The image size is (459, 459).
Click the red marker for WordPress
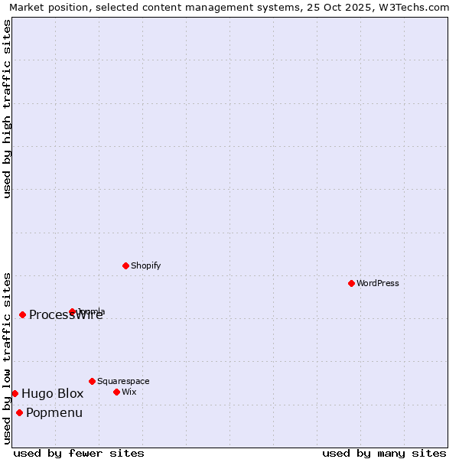click(351, 283)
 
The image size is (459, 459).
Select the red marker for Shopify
click(125, 265)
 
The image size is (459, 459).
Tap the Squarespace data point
click(92, 381)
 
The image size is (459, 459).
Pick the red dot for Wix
click(116, 392)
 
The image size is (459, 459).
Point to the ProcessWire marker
click(22, 314)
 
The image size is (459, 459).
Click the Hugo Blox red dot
click(15, 393)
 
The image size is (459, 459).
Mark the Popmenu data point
click(19, 412)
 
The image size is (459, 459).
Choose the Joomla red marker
click(72, 311)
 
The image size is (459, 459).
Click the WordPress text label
click(378, 283)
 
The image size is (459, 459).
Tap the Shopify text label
click(145, 265)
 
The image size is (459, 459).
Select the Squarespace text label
click(123, 381)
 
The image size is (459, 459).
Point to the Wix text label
click(129, 392)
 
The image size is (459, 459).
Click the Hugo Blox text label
click(52, 393)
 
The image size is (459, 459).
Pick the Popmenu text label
click(54, 413)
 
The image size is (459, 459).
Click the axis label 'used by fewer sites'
click(79, 453)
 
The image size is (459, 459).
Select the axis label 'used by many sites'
click(384, 453)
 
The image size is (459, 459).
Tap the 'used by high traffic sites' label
click(7, 109)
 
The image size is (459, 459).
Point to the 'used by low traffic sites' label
click(7, 358)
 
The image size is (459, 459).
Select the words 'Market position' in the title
click(46, 8)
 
